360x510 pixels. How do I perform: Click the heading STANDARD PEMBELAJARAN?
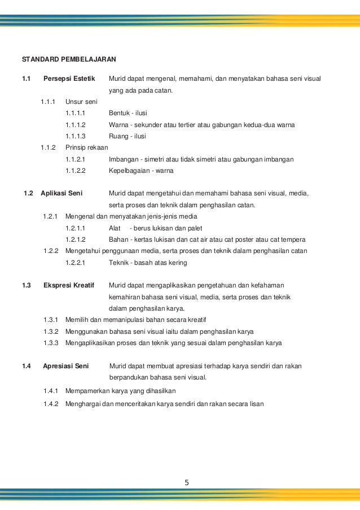coord(69,59)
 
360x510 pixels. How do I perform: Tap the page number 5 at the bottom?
coord(187,482)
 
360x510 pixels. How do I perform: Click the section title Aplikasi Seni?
coord(62,193)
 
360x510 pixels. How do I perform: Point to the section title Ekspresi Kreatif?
coord(68,286)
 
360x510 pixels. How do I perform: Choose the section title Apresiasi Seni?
coord(66,366)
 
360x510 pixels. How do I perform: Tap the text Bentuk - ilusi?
coord(128,113)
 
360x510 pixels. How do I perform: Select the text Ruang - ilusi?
coord(127,136)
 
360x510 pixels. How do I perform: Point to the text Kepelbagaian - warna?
coord(141,171)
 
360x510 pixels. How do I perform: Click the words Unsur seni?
coord(81,102)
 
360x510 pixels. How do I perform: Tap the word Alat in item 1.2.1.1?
coord(115,228)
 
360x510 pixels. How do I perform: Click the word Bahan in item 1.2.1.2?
coord(117,239)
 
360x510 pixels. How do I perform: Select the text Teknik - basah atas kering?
coord(148,263)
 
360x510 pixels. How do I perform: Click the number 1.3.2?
coord(51,332)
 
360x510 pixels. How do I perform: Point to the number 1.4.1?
coord(51,390)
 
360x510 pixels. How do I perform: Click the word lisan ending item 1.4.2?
coord(256,404)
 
